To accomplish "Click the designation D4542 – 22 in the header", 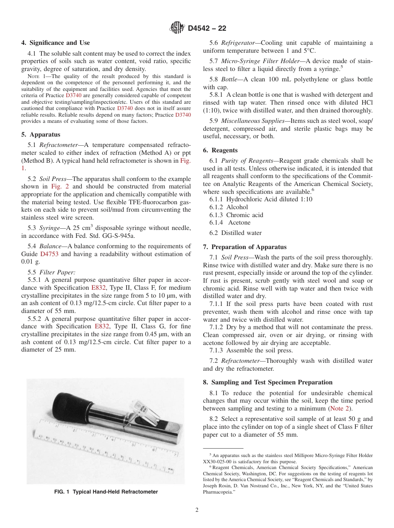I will point(207,29).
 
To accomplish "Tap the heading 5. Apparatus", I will point(41,134).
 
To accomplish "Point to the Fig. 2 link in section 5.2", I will point(61,186).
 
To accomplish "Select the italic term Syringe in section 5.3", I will point(49,228).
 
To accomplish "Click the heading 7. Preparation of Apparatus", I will point(245,247).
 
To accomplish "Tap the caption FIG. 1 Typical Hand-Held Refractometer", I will point(106,492).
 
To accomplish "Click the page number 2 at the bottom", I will point(197,510).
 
